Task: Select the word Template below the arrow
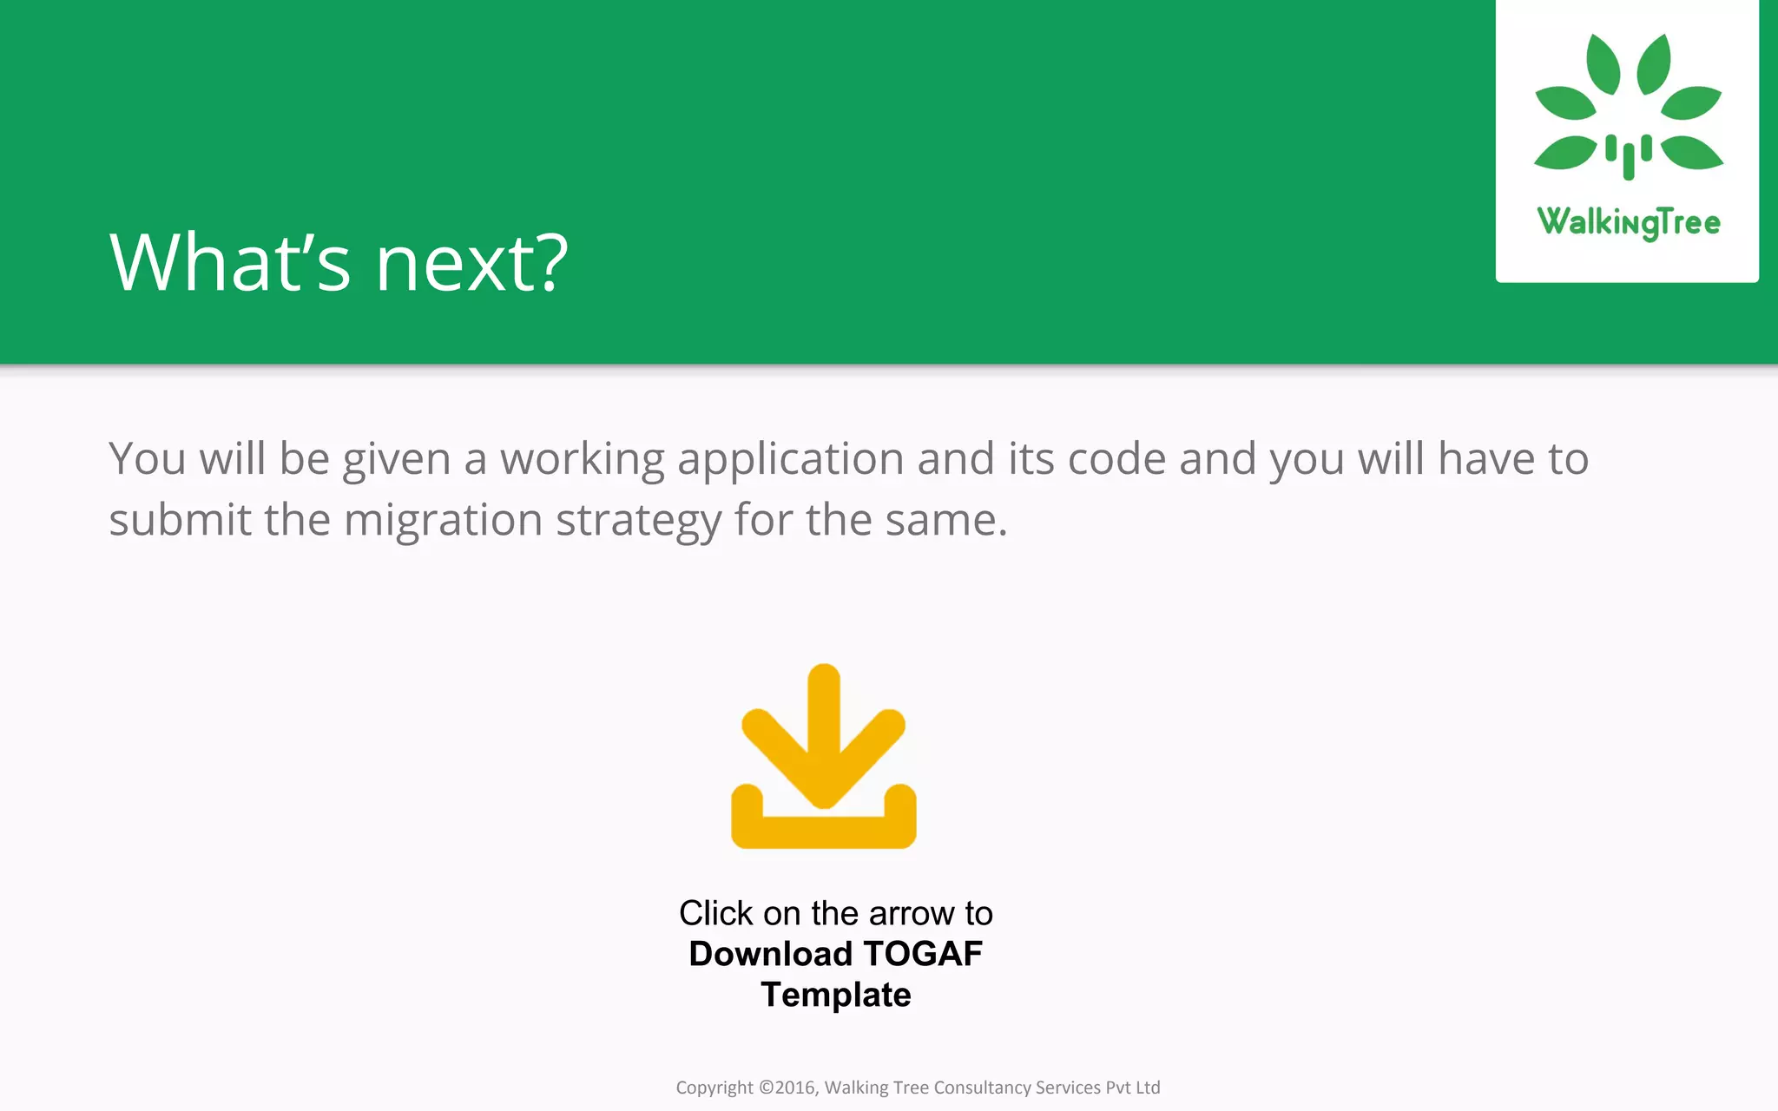tap(836, 995)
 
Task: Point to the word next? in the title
tap(471, 263)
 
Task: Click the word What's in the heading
tap(230, 263)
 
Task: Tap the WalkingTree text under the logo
tap(1629, 222)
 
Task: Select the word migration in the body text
tap(444, 521)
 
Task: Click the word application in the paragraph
tap(791, 460)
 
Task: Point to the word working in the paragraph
tap(583, 460)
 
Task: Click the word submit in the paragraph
tap(180, 521)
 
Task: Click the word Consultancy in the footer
tap(982, 1088)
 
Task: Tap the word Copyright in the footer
tap(714, 1088)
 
